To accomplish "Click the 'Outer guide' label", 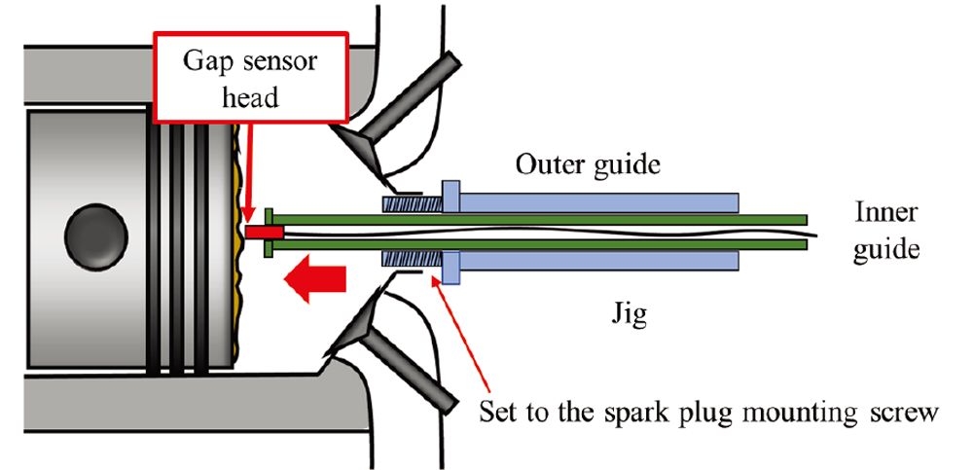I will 588,164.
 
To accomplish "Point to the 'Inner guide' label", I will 885,231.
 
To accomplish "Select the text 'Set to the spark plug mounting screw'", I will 708,412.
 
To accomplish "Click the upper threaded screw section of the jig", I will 413,204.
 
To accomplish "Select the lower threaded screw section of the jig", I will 413,261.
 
